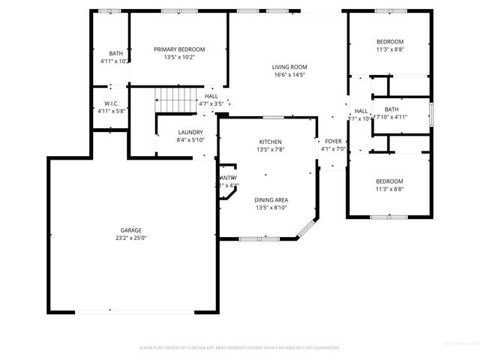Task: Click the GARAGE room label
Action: pos(131,230)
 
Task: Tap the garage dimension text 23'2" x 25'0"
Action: pos(131,238)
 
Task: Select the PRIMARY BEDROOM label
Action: pos(179,49)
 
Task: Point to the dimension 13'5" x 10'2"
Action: pos(179,58)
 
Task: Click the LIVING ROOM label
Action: pos(289,67)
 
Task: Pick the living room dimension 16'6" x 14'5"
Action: pos(289,75)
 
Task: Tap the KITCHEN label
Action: pos(270,141)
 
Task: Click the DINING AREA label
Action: pos(270,199)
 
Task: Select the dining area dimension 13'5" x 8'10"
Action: pos(270,208)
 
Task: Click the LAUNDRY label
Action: pos(190,132)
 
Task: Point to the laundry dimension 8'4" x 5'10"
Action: pos(190,140)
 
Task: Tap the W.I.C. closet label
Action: pos(112,103)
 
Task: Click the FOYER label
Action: pos(332,141)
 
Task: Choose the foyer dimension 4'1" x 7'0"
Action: pos(332,149)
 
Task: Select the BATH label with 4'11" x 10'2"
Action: pos(115,53)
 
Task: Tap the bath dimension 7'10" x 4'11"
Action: pos(391,118)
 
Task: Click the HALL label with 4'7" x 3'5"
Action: pos(211,97)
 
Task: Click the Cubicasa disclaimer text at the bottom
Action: pos(240,348)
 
